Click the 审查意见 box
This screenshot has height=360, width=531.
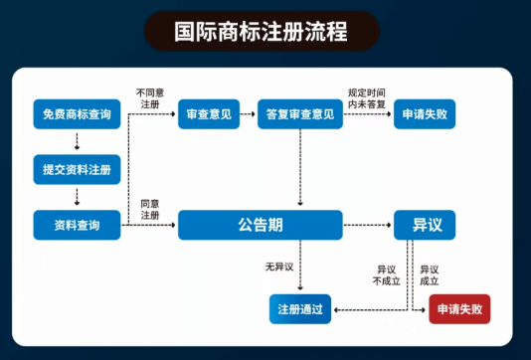pos(208,114)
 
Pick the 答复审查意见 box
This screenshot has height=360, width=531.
pos(299,114)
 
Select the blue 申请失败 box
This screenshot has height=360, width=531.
pos(427,114)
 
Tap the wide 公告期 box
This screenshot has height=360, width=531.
pos(260,226)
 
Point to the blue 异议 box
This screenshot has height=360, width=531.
pos(427,226)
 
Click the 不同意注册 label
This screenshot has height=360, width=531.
pos(150,97)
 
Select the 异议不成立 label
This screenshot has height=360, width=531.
pos(386,274)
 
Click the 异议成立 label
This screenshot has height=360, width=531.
pos(430,274)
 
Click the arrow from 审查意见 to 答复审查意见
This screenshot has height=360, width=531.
pos(248,114)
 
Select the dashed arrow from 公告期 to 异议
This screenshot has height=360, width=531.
pos(367,226)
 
